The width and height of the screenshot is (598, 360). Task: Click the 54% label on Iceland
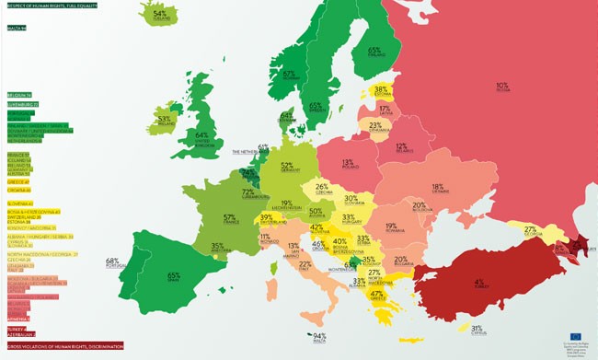(160, 16)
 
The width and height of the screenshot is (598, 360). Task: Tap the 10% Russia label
(501, 87)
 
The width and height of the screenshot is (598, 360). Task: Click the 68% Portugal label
(113, 263)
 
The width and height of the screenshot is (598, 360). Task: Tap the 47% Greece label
(376, 296)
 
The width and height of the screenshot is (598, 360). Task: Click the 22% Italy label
(305, 266)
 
